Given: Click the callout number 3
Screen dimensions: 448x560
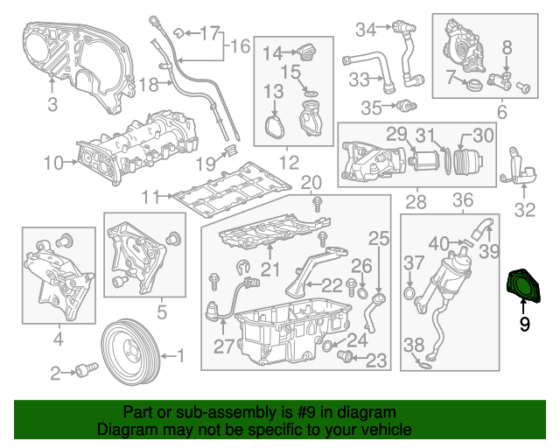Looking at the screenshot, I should tap(52, 106).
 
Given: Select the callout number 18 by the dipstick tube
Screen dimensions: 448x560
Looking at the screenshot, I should tap(148, 85).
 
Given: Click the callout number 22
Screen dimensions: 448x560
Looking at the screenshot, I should tap(332, 283).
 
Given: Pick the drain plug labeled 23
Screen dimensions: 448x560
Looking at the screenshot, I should tap(345, 357).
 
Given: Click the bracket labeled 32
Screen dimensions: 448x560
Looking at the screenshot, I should tap(520, 173).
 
